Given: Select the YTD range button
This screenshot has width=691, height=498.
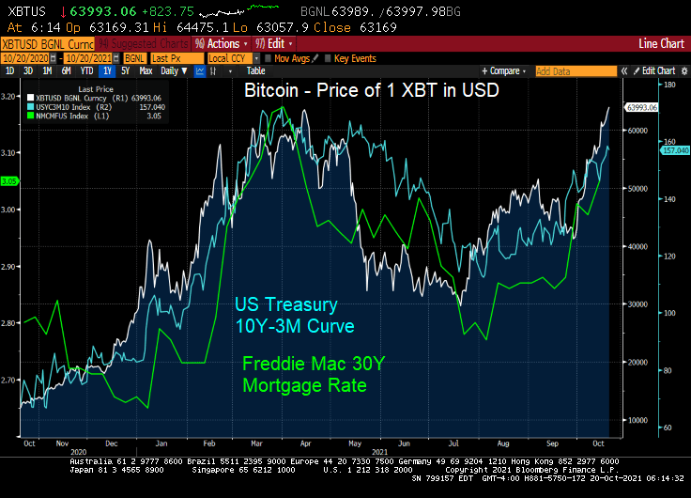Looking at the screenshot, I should tap(86, 70).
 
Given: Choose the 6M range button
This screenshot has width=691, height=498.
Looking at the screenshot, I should tap(66, 70).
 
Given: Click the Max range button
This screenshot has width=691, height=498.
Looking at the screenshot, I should tap(146, 70).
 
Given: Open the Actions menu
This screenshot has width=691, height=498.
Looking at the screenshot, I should tap(222, 44).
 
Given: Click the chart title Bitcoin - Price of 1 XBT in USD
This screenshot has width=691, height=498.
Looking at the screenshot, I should tap(371, 91).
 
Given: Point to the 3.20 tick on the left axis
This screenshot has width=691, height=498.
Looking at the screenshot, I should tap(9, 96).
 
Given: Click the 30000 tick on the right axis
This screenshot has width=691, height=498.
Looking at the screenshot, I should tap(638, 304).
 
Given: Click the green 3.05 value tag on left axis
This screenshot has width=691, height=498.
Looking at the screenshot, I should tap(9, 181).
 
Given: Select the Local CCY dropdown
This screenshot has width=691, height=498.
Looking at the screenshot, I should tap(229, 58).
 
